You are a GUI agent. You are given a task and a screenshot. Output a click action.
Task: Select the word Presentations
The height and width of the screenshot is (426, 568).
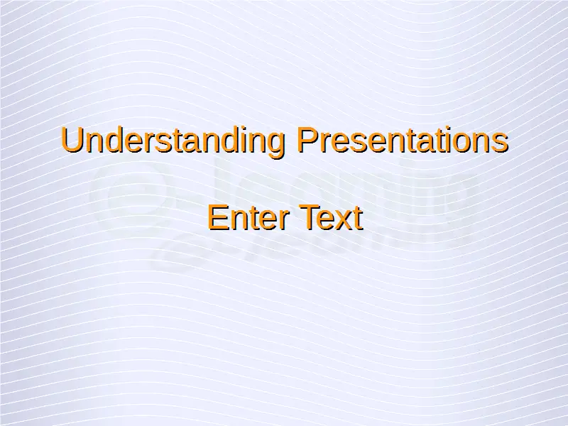[403, 140]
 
